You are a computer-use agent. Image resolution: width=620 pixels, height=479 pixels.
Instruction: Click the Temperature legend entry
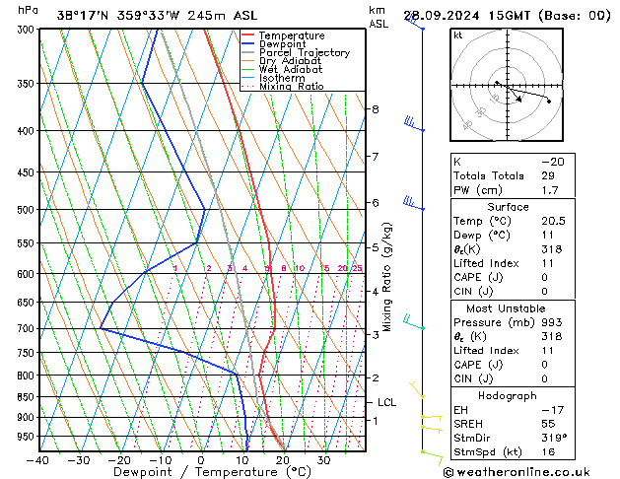coord(292,35)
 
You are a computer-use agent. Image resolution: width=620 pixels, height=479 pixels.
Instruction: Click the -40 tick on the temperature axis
coord(39,460)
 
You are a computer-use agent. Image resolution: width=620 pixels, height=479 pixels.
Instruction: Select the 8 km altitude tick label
coord(375,108)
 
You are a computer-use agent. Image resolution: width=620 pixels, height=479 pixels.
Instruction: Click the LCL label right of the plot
coord(386,402)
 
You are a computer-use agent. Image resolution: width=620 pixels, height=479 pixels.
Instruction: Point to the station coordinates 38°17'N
coord(83,15)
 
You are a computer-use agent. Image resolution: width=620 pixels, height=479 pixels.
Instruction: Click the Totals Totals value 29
coord(547,175)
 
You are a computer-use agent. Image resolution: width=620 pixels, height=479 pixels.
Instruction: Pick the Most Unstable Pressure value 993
coord(550,322)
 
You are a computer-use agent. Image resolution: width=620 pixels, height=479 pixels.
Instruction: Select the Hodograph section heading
coord(509,395)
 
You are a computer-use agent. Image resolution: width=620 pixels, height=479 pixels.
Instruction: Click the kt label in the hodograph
coord(458,35)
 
